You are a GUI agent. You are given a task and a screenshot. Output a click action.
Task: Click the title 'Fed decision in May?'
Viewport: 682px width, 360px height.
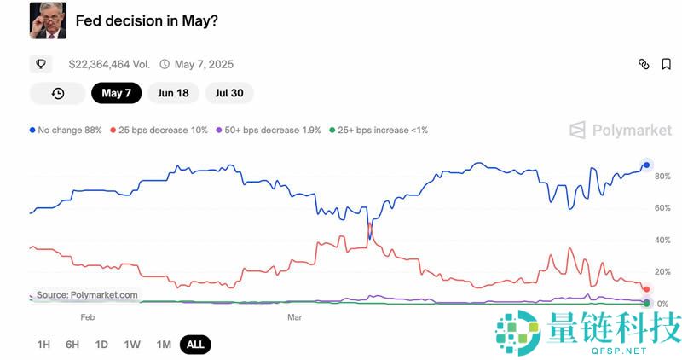(x=146, y=20)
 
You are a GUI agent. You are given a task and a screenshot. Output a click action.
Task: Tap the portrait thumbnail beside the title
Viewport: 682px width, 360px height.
(x=47, y=20)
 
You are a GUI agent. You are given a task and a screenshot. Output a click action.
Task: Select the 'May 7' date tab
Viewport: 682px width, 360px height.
(x=116, y=93)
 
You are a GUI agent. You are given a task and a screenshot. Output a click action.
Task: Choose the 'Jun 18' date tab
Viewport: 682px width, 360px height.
(x=173, y=93)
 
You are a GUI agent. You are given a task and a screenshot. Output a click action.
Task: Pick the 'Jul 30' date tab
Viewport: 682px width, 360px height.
(x=229, y=93)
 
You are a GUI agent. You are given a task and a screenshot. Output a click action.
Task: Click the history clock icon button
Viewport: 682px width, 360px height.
(x=58, y=93)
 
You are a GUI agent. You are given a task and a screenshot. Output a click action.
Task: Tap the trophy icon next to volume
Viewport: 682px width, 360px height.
(x=41, y=64)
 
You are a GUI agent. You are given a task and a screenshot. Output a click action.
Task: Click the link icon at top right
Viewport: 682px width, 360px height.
(x=644, y=64)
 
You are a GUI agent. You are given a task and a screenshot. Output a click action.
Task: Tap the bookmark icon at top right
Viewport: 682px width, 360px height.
(x=666, y=64)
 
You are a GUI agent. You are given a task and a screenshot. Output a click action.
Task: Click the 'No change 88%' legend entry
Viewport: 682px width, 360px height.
(x=66, y=130)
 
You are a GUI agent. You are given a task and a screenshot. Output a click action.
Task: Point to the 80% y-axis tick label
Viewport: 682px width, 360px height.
(x=662, y=177)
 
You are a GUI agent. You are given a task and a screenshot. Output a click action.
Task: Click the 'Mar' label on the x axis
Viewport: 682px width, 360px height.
(x=294, y=317)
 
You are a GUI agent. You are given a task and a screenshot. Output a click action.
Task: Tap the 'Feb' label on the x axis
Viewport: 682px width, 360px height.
(x=87, y=317)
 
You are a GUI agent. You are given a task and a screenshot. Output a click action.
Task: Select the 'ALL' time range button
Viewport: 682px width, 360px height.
(x=195, y=345)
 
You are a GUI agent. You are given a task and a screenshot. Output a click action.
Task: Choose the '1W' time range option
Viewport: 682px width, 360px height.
(x=132, y=345)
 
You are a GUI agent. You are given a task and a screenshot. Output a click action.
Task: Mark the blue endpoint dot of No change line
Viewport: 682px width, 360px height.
(x=647, y=165)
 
